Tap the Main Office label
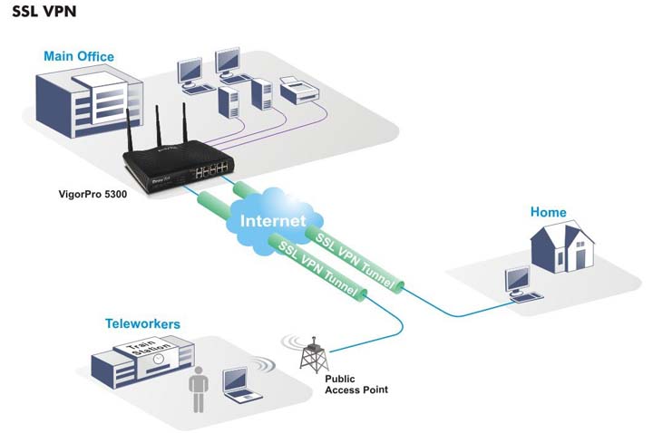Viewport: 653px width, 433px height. click(x=79, y=56)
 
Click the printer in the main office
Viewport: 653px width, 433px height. click(x=296, y=88)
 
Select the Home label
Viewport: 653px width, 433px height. click(x=549, y=212)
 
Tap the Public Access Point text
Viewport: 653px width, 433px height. click(x=356, y=383)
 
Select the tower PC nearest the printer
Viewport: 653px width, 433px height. click(x=259, y=90)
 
